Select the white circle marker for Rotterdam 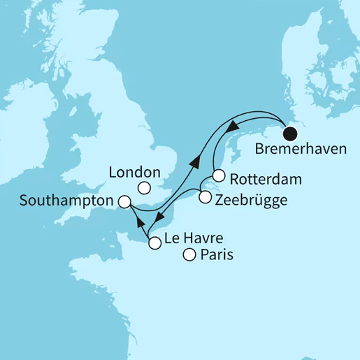[x=218, y=175]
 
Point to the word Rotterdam [x=266, y=179]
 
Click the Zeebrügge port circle [x=204, y=197]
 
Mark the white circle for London [x=143, y=187]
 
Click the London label [x=136, y=172]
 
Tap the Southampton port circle [x=124, y=202]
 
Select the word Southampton [x=66, y=201]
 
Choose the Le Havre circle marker [x=154, y=243]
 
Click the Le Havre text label [x=194, y=240]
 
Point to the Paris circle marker [x=189, y=255]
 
